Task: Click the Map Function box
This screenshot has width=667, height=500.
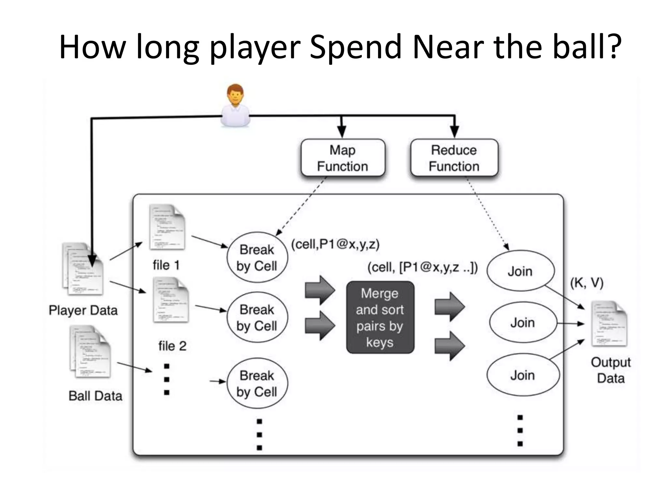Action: point(343,158)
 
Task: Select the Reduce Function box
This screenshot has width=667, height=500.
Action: point(454,158)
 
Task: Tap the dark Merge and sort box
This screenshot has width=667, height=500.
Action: point(380,317)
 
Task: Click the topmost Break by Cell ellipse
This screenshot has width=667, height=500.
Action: point(257,257)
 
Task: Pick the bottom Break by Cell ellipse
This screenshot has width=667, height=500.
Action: point(257,383)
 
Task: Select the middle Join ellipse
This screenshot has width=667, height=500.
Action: point(522,323)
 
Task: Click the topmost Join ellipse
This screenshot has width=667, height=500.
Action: point(520,271)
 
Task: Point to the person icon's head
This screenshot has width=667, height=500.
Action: point(235,94)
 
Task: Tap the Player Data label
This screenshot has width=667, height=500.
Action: point(83,310)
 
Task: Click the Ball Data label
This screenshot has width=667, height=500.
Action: point(95,396)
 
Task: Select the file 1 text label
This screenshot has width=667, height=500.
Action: point(166,265)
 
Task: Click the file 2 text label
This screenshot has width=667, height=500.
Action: point(172,346)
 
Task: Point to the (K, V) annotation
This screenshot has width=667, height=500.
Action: point(587,283)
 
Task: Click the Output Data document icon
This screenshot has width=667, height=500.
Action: point(609,324)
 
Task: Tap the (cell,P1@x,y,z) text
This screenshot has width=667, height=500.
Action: point(335,244)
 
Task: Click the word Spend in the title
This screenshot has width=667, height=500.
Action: point(355,47)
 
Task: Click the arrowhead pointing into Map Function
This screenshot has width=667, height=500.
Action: point(341,132)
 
